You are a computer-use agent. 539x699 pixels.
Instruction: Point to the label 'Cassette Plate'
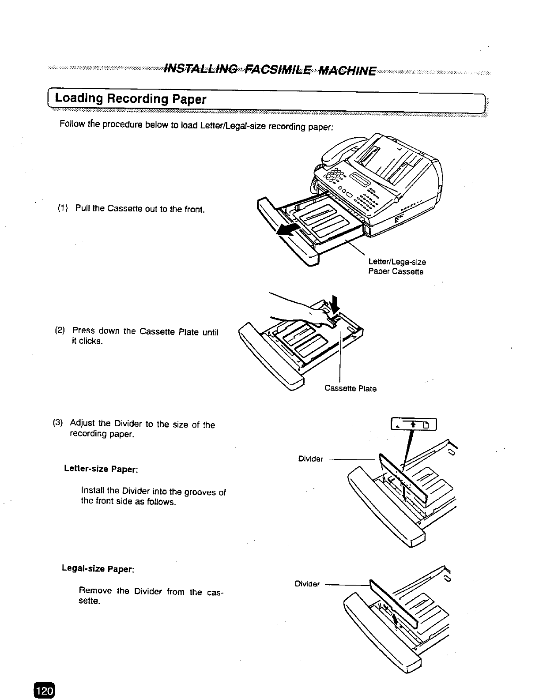350,389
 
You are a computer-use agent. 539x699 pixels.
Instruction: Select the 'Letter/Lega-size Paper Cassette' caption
396,267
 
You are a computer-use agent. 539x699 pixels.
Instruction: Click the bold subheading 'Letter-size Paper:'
102,469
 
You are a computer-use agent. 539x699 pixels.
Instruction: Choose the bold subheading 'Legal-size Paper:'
98,568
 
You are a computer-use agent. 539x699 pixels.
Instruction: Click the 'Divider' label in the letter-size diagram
311,459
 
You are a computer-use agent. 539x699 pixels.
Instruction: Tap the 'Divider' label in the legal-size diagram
307,584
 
